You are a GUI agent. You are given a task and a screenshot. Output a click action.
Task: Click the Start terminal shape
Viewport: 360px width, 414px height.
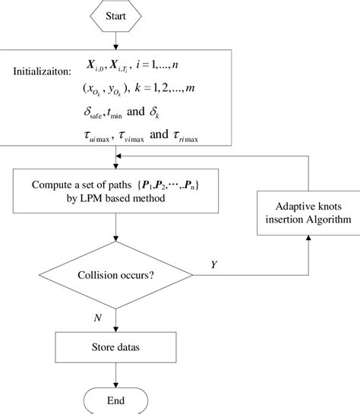pos(115,14)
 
